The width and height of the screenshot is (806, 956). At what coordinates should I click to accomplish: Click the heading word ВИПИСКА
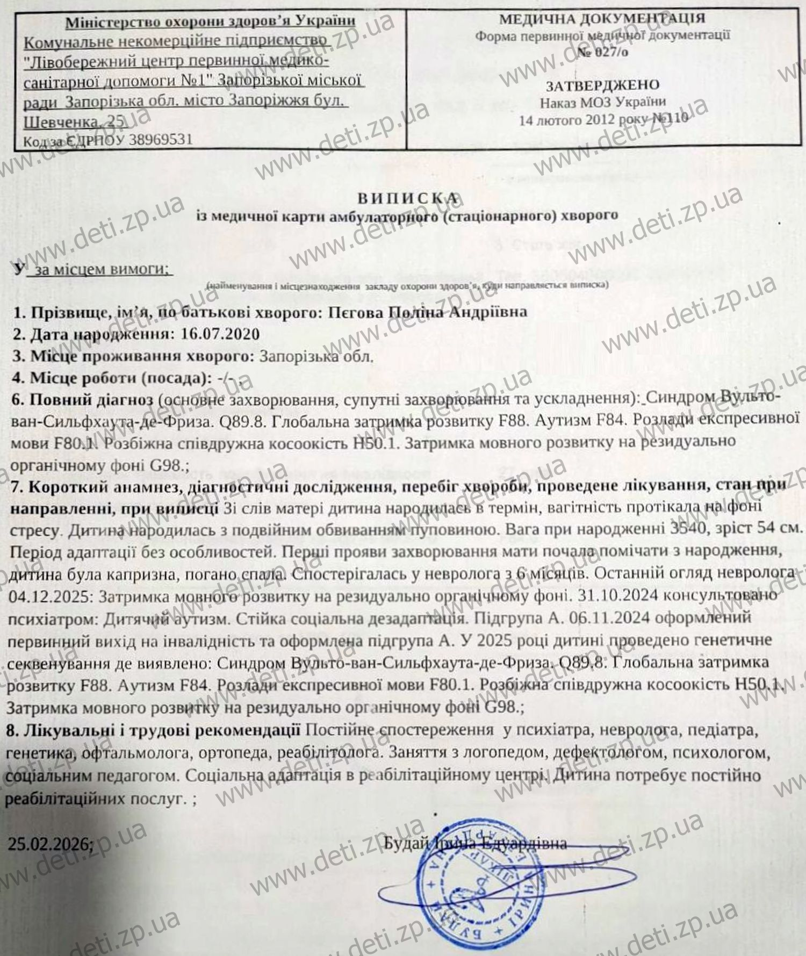click(x=408, y=198)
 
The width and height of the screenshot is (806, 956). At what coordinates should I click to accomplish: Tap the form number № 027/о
click(x=602, y=52)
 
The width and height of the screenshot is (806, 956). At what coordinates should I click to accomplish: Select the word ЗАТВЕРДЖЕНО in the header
click(x=602, y=85)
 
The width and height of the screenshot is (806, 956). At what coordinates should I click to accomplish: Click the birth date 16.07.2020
click(x=220, y=334)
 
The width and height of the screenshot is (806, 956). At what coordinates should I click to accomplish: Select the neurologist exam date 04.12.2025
click(x=51, y=596)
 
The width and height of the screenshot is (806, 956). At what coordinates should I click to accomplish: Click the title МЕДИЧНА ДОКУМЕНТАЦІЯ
click(x=602, y=19)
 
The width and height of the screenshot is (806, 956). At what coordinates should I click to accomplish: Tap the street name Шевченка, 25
click(x=75, y=122)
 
